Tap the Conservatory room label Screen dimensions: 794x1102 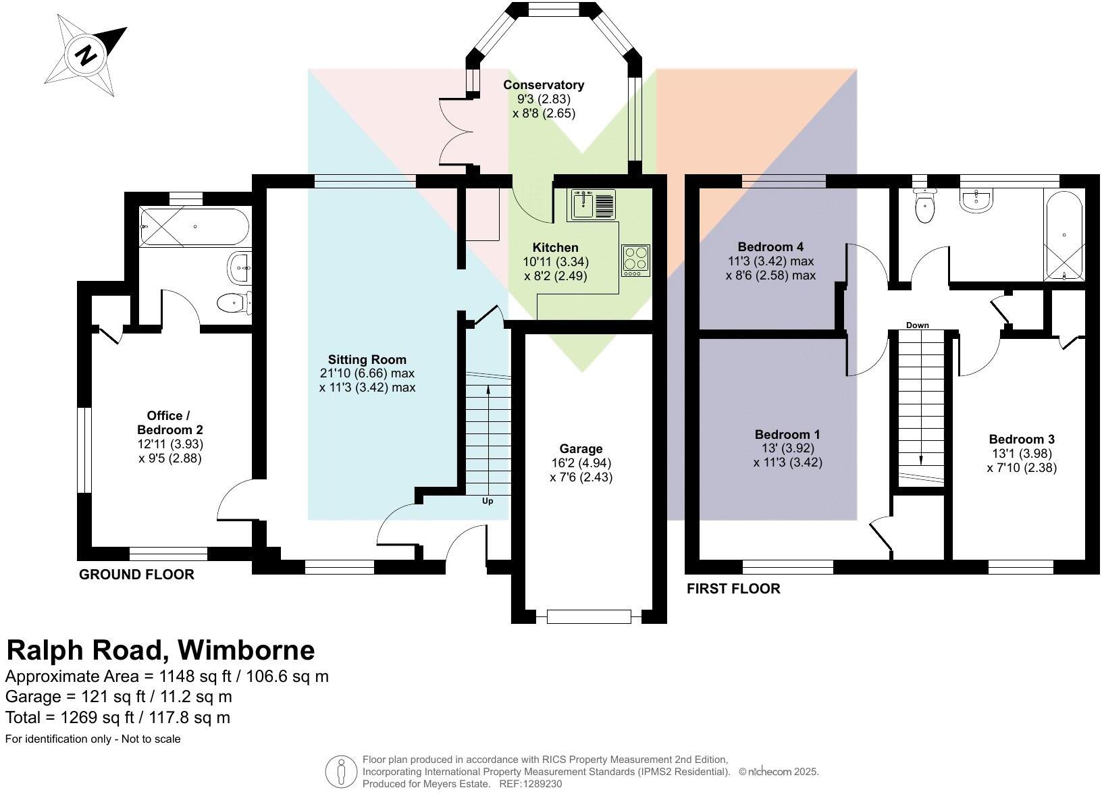[x=543, y=85]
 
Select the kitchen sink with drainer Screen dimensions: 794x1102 [x=592, y=205]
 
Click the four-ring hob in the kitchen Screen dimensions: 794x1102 [x=635, y=260]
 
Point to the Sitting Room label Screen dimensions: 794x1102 [x=367, y=359]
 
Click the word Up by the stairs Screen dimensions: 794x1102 [x=487, y=501]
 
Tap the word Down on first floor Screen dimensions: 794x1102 [x=917, y=325]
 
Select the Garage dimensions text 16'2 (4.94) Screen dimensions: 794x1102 [x=581, y=463]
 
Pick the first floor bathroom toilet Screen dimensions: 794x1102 [x=924, y=206]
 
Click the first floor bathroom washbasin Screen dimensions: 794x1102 [x=976, y=201]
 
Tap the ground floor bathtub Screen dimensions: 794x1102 [x=194, y=226]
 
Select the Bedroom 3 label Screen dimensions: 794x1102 [x=1021, y=439]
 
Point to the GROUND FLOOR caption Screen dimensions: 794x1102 [x=136, y=575]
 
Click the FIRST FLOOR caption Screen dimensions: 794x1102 [x=733, y=589]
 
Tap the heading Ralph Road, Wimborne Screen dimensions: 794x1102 [x=161, y=650]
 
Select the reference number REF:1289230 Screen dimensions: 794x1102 [x=530, y=784]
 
